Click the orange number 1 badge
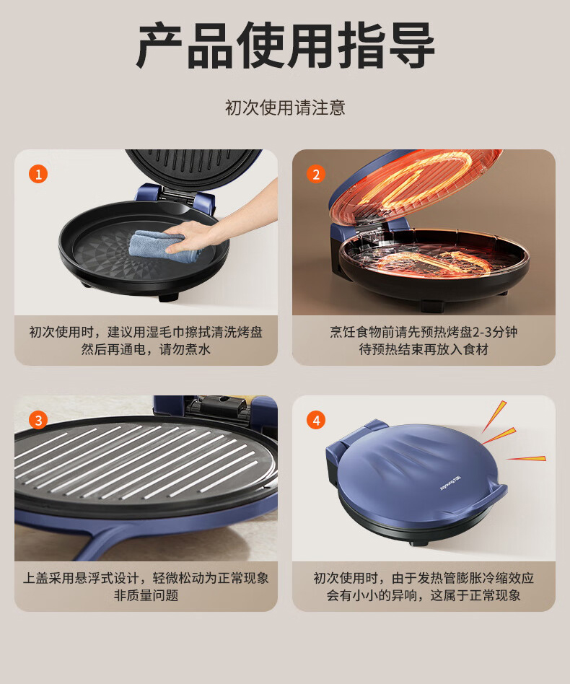[38, 174]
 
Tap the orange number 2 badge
[316, 174]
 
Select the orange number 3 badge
[38, 420]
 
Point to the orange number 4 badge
[316, 420]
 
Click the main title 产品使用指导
[285, 45]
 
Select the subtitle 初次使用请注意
[285, 108]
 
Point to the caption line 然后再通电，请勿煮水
[146, 349]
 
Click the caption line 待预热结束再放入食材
[424, 349]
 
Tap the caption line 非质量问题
[146, 595]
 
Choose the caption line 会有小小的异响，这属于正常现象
[424, 595]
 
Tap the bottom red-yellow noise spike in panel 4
[527, 458]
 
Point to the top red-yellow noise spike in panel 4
[494, 416]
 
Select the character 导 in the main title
[411, 45]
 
